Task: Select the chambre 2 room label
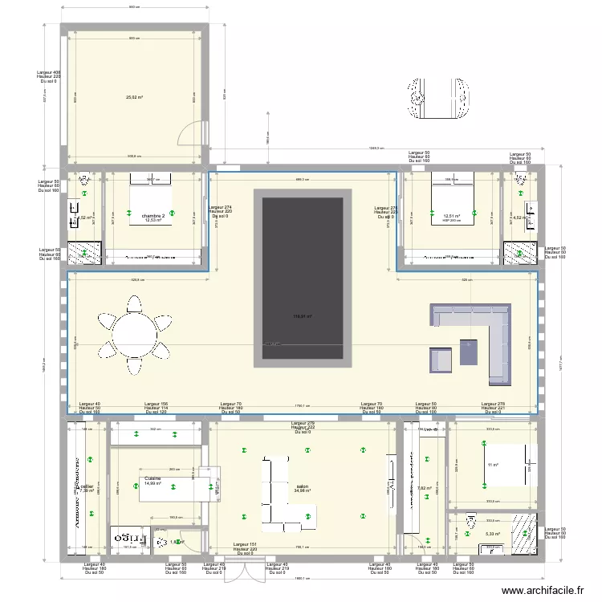pos(153,216)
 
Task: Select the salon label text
pos(302,486)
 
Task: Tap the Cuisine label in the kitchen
pos(153,479)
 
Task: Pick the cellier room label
pos(87,486)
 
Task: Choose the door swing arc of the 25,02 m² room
pos(191,133)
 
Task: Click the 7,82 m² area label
pos(425,488)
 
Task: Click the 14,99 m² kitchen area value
pos(153,484)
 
